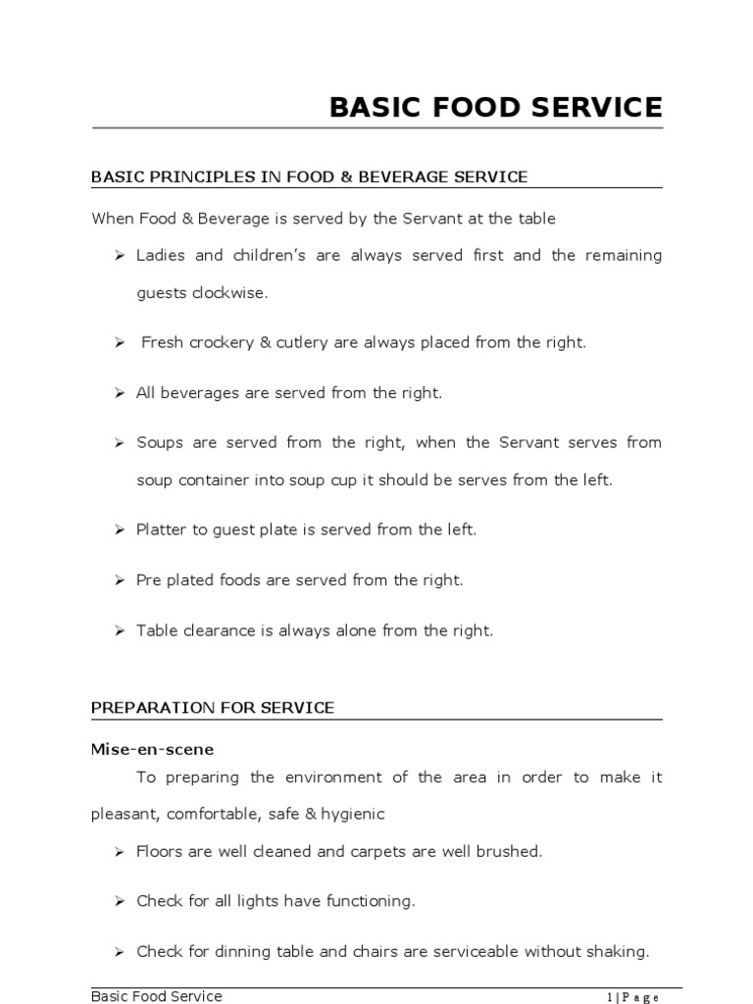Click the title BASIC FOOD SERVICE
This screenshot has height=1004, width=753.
[495, 107]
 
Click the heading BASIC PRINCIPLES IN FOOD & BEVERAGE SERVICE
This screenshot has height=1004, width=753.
[309, 176]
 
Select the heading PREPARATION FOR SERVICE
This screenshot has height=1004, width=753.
[213, 707]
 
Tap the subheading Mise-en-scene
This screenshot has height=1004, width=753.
[152, 748]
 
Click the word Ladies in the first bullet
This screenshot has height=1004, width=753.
[160, 255]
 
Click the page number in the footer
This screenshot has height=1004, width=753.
[632, 997]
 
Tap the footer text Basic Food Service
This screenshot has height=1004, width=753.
[157, 996]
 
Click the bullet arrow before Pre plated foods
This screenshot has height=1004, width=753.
[119, 580]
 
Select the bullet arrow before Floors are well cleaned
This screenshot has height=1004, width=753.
[119, 852]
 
